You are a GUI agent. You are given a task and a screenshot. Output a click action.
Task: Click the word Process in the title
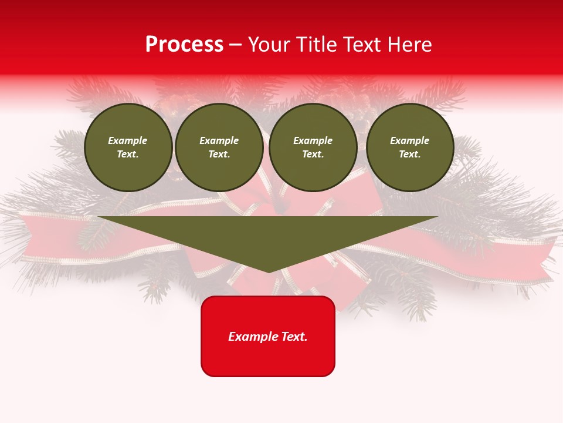184,45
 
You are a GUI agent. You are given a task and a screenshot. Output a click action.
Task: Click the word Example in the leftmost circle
128,140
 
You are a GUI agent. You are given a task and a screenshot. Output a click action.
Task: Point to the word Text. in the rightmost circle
410,154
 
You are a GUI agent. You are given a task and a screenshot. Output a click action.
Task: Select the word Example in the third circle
313,140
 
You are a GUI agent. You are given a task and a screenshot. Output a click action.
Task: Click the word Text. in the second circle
219,154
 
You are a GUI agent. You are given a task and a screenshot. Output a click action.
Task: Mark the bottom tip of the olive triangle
269,271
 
